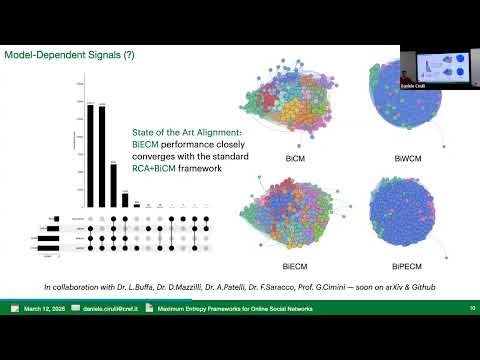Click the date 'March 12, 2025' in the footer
(47, 310)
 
